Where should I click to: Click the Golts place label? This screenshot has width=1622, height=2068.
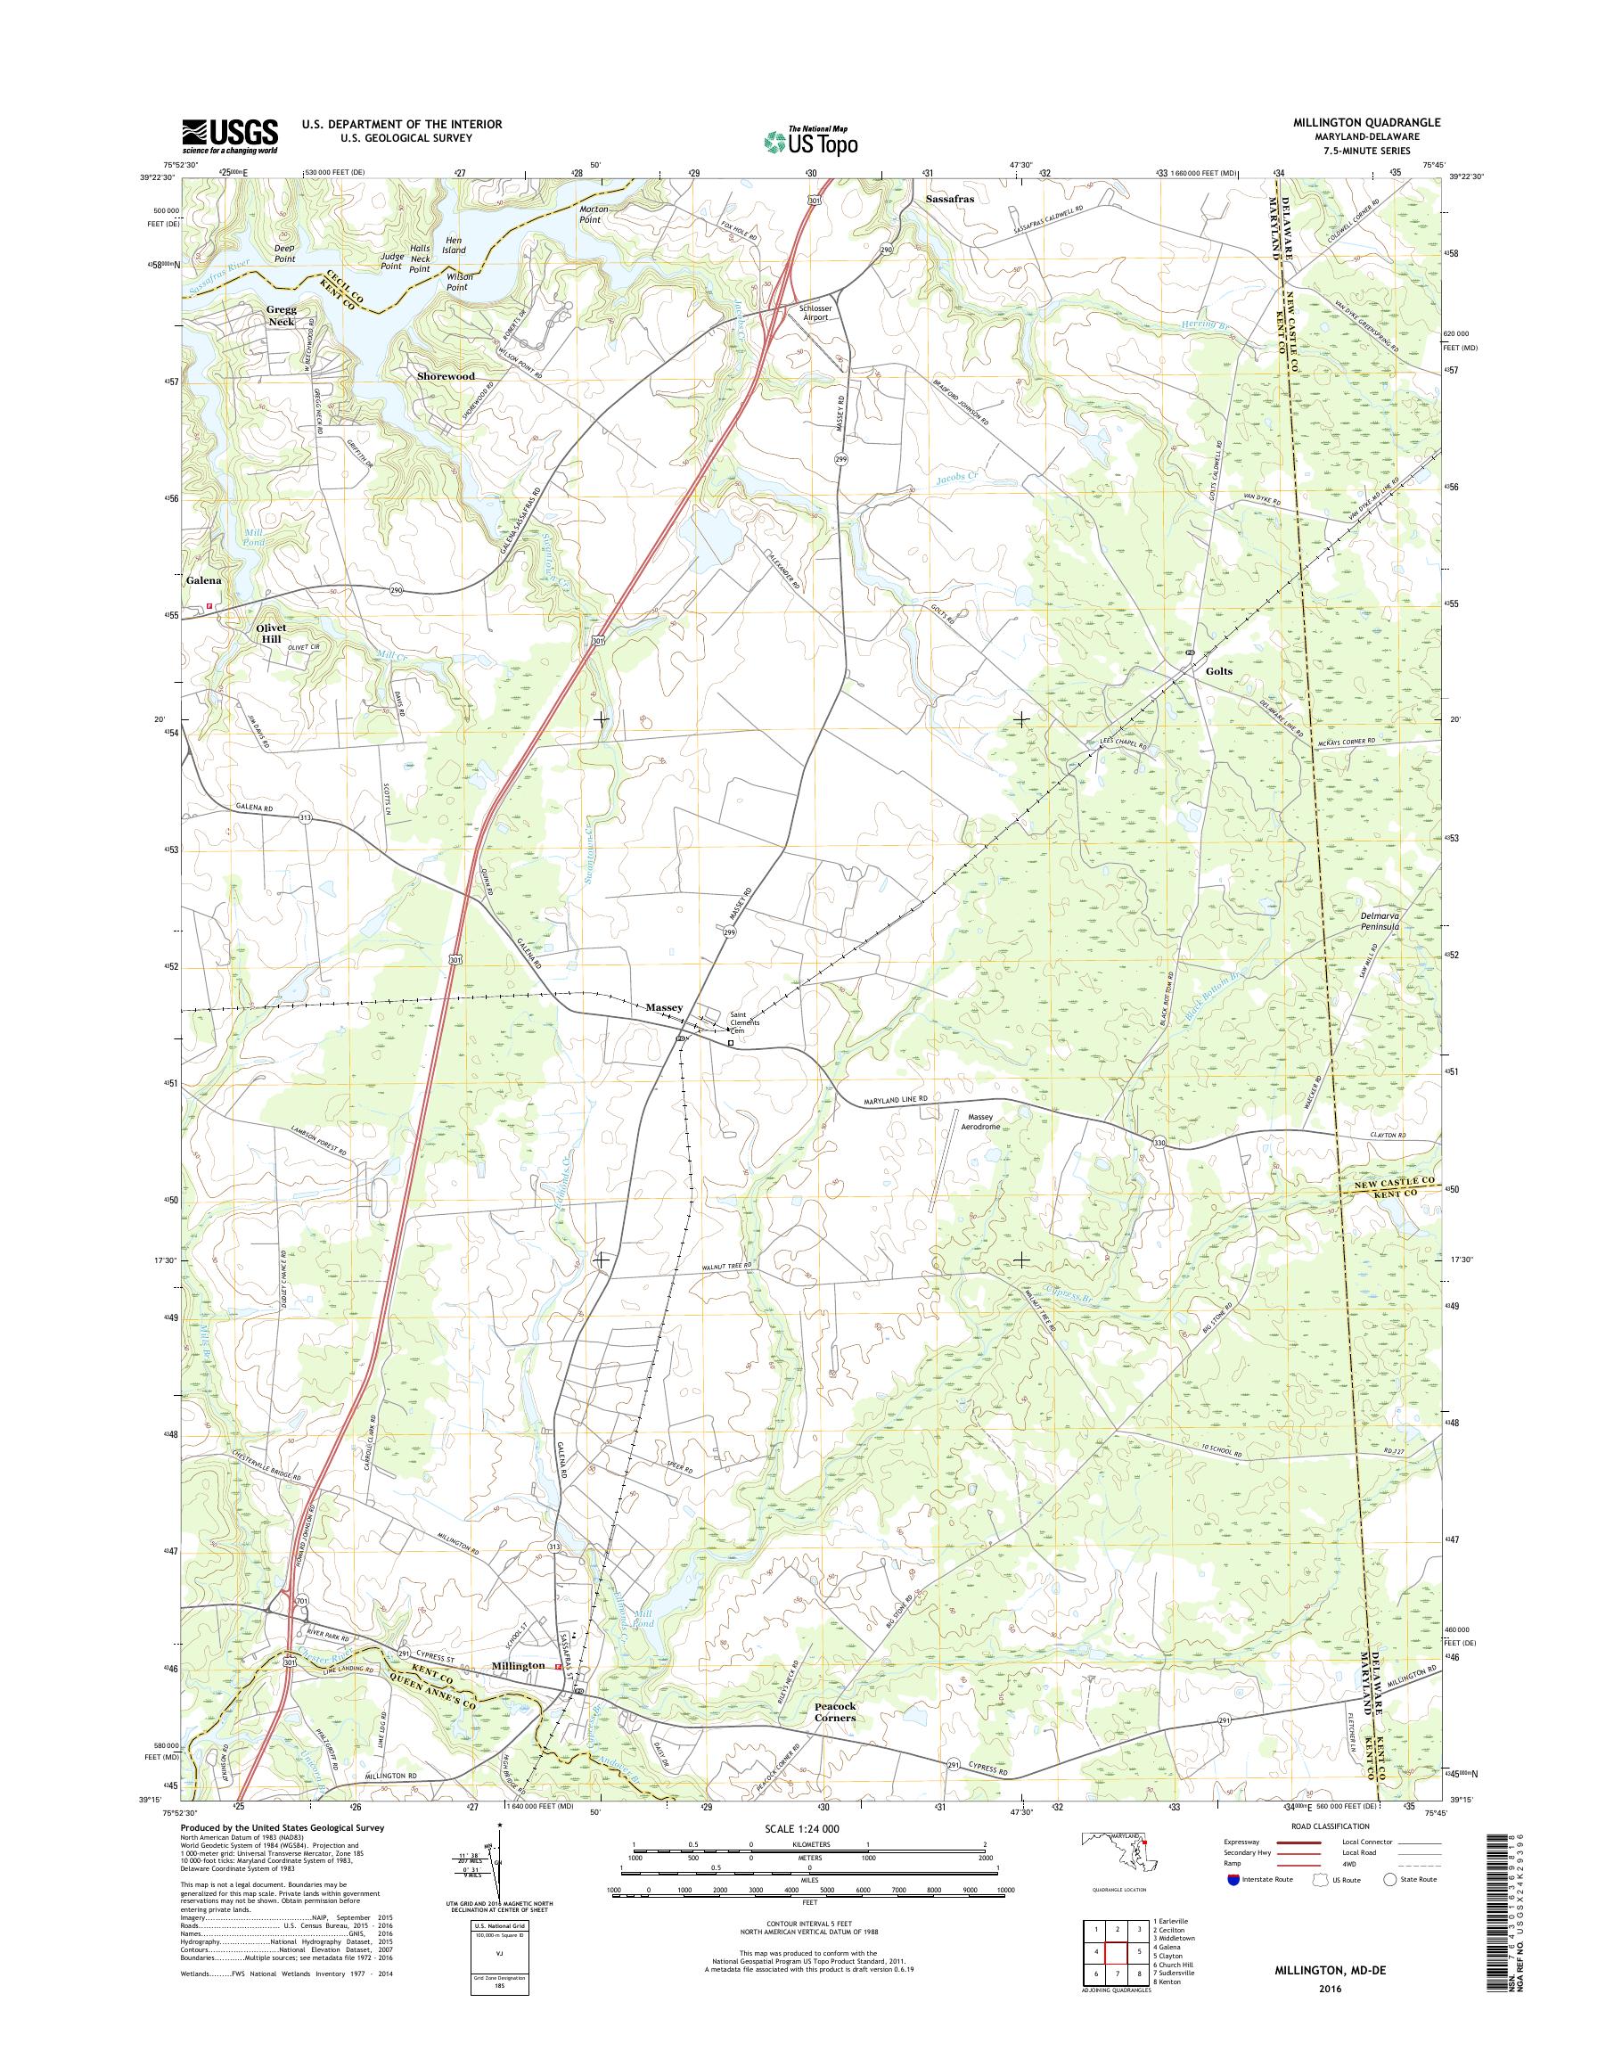click(x=1218, y=670)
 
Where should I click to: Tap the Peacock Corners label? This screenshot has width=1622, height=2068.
click(x=835, y=1711)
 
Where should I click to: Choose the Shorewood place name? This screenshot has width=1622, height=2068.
click(x=446, y=376)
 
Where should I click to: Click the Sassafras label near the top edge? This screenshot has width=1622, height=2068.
click(x=950, y=201)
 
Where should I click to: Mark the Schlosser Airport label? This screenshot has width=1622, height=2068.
click(x=810, y=313)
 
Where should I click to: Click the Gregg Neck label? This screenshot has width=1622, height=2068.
click(x=281, y=316)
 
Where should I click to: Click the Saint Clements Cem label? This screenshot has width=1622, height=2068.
click(x=744, y=1022)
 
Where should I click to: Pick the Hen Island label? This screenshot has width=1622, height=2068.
click(x=453, y=244)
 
